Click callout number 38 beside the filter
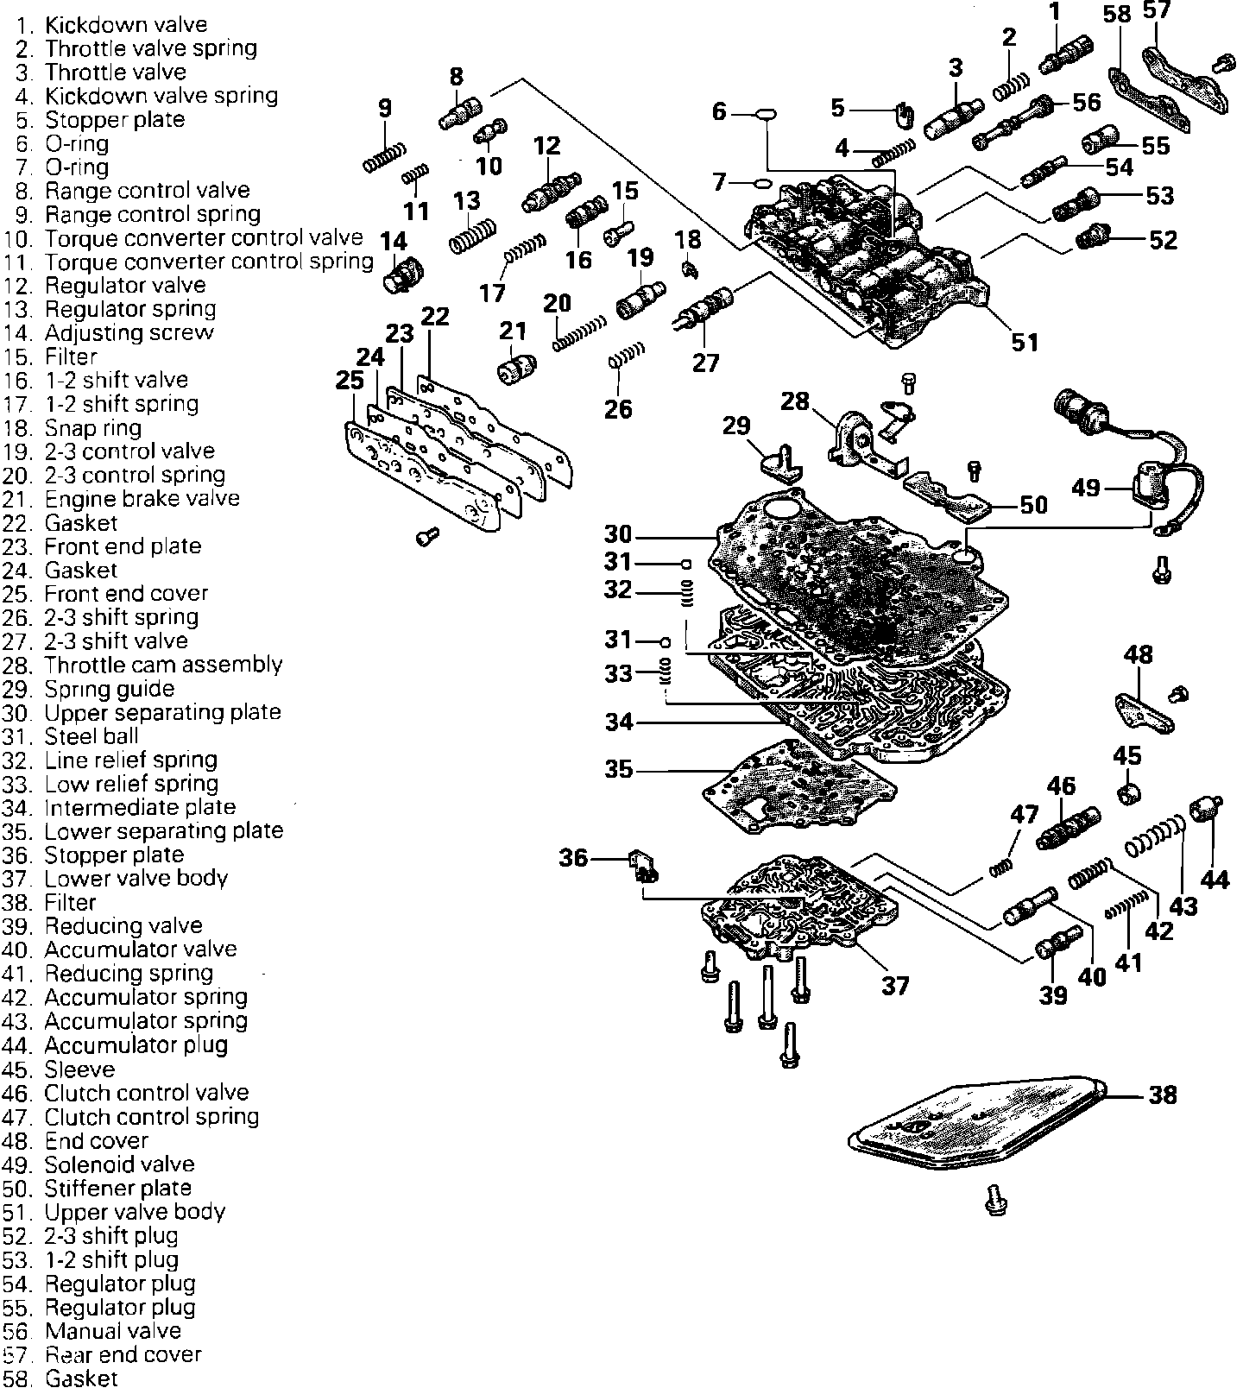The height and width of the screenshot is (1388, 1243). (x=1162, y=1095)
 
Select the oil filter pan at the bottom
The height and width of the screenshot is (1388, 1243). (x=975, y=1127)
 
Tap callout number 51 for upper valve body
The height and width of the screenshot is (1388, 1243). (x=1025, y=342)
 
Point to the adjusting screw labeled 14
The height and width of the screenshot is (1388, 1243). (x=401, y=274)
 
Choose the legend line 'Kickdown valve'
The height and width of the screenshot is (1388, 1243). (x=126, y=25)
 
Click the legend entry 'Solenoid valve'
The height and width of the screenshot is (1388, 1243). (x=119, y=1164)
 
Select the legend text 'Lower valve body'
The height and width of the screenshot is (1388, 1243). (x=136, y=879)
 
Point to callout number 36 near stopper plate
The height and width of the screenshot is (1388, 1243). (x=573, y=857)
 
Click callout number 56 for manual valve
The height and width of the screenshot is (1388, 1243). (x=1087, y=102)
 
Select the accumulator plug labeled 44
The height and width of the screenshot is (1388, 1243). (x=1202, y=810)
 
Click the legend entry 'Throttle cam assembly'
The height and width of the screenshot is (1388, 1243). (x=163, y=665)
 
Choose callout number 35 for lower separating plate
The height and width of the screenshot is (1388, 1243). (x=618, y=769)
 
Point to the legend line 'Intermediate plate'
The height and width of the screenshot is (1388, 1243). (x=140, y=807)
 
